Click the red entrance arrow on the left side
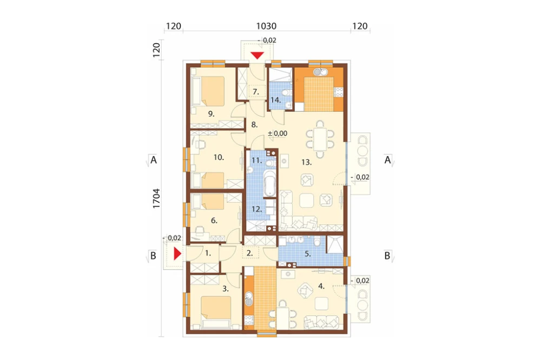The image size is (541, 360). tap(177, 254)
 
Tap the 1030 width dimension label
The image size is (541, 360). tap(266, 26)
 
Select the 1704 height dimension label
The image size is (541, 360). tap(156, 198)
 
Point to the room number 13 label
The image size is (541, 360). tap(306, 162)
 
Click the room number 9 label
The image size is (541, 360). tap(211, 114)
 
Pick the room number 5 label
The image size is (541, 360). tap(308, 254)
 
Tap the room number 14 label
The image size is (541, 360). tap(276, 101)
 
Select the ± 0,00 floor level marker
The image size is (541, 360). tap(278, 134)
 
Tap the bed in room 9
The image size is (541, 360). tap(213, 91)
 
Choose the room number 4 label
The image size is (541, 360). tap(321, 286)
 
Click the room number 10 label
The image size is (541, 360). tap(219, 158)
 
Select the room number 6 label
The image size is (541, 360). tap(214, 221)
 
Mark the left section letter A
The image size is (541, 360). tap(154, 160)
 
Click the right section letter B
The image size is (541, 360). tap(387, 256)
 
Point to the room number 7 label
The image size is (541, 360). tap(256, 92)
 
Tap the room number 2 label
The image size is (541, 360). tap(250, 254)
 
